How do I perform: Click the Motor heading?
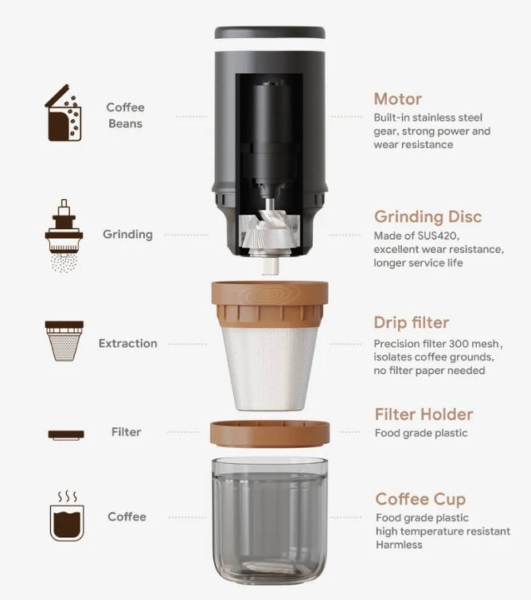398,99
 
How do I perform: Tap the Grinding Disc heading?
428,216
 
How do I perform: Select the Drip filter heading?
411,322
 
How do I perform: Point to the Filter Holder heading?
424,415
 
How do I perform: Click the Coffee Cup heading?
420,499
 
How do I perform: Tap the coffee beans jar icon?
64,112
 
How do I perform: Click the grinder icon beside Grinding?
64,236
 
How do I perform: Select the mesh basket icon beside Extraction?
64,341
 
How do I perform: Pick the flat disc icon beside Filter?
66,434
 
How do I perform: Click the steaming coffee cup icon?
67,516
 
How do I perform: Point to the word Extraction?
128,343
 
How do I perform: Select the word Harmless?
399,544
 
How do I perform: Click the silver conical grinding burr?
270,232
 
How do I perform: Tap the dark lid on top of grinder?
270,33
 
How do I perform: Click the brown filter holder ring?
270,434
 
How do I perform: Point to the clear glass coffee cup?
270,520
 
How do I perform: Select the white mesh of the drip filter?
270,368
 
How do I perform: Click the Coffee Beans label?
126,115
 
